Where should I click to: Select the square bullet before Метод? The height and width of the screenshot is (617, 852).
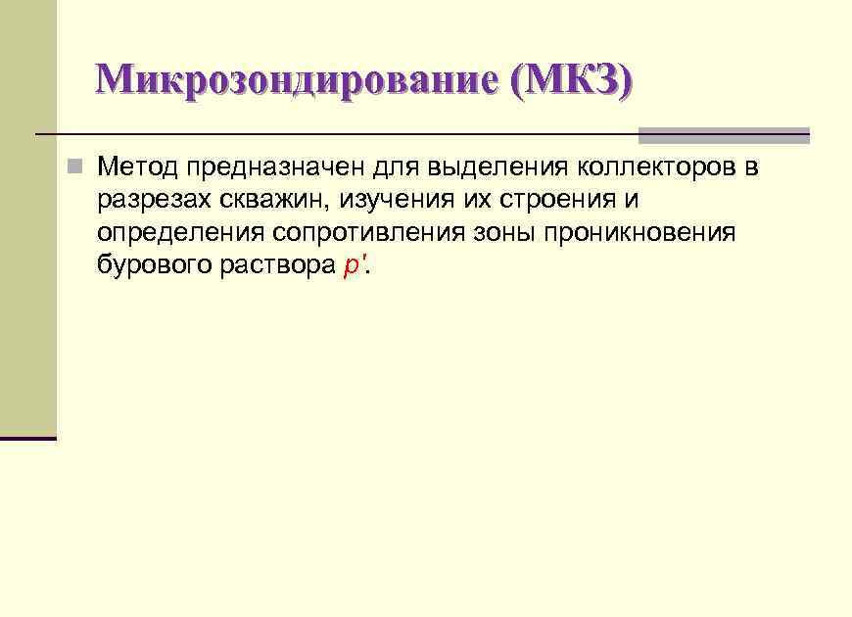pyautogui.click(x=73, y=167)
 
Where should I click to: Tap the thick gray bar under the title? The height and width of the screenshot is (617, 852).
pyautogui.click(x=724, y=136)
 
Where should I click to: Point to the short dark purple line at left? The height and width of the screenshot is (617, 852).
pyautogui.click(x=28, y=438)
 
